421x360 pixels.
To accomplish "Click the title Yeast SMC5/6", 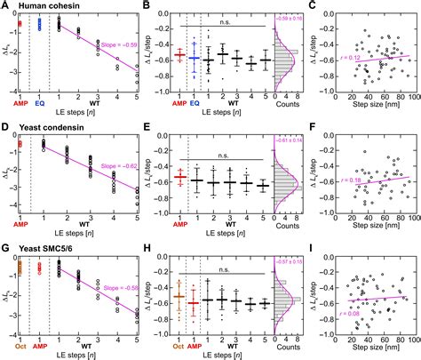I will tap(48, 247).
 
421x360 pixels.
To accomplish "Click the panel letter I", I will tap(290, 247).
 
